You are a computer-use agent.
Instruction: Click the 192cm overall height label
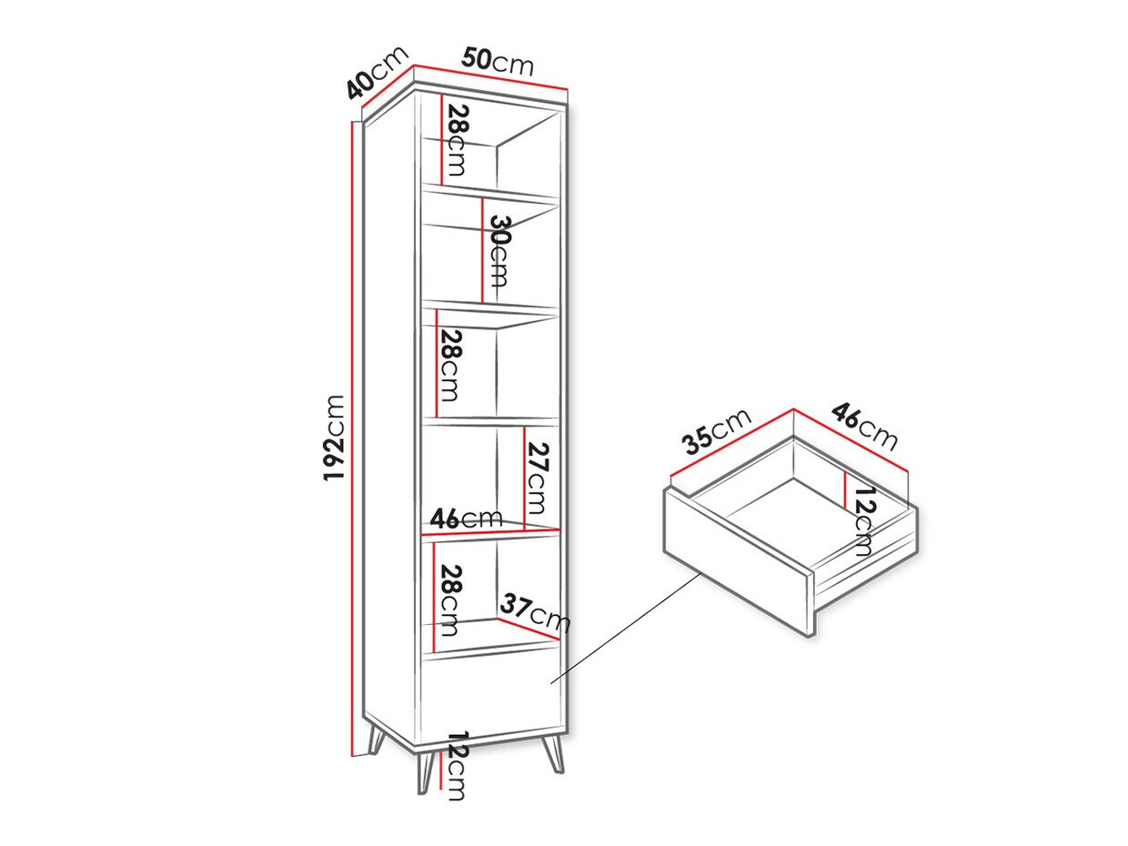[x=335, y=438]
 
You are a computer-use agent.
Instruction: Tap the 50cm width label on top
[x=497, y=62]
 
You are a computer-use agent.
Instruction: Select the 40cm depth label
[x=373, y=75]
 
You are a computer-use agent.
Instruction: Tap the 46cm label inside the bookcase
[x=466, y=519]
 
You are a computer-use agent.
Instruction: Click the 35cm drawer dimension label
[x=718, y=432]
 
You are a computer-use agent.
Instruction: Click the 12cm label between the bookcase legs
[x=457, y=765]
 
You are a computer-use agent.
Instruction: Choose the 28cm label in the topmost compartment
[x=457, y=141]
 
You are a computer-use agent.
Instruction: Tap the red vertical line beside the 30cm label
[x=481, y=250]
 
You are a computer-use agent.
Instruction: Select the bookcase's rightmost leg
[x=553, y=754]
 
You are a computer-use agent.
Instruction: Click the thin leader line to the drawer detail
[x=628, y=628]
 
